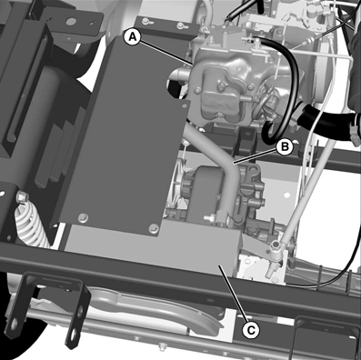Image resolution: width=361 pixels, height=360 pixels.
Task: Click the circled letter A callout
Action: pos(133,36)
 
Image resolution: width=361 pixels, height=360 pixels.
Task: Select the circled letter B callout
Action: pos(285,146)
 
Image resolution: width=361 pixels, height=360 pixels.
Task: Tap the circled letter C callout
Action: pos(251,330)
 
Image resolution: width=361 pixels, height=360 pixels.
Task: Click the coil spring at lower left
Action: pos(31,224)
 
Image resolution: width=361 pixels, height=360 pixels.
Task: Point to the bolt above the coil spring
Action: pos(22,198)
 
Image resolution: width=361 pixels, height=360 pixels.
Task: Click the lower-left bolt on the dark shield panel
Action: pos(83,217)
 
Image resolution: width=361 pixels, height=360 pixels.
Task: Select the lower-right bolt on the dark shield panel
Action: pos(154,228)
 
